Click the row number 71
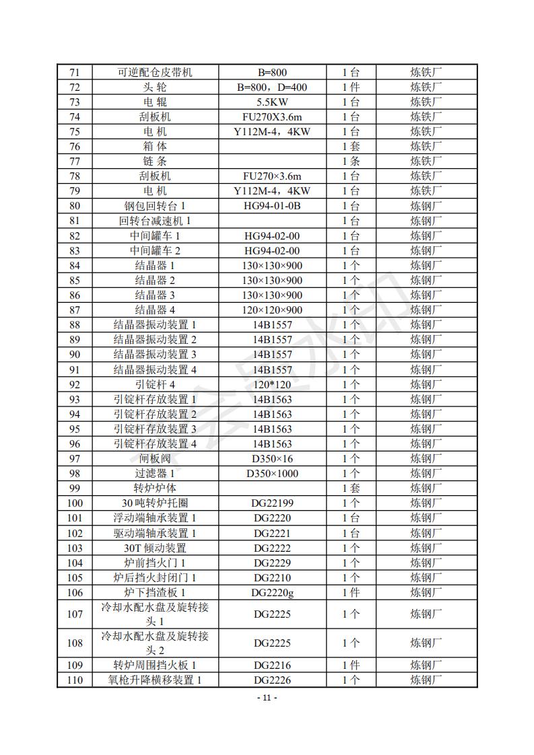pyautogui.click(x=75, y=72)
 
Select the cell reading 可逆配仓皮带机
pyautogui.click(x=155, y=72)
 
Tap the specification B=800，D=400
pyautogui.click(x=272, y=87)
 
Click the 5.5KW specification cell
pyautogui.click(x=272, y=102)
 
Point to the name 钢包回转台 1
pyautogui.click(x=155, y=206)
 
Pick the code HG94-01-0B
pyautogui.click(x=272, y=206)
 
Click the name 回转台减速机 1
pyautogui.click(x=155, y=221)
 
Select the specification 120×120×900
pyautogui.click(x=272, y=310)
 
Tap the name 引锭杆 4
pyautogui.click(x=155, y=384)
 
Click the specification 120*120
pyautogui.click(x=272, y=384)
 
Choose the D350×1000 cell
pyautogui.click(x=272, y=473)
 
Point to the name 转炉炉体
pyautogui.click(x=155, y=488)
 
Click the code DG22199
pyautogui.click(x=272, y=503)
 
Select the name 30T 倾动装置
pyautogui.click(x=155, y=548)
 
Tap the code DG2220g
pyautogui.click(x=272, y=592)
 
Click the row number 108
pyautogui.click(x=75, y=643)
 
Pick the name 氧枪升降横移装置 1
pyautogui.click(x=155, y=680)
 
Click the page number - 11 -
pyautogui.click(x=267, y=698)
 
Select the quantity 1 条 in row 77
pyautogui.click(x=350, y=161)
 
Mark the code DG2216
pyautogui.click(x=272, y=666)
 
